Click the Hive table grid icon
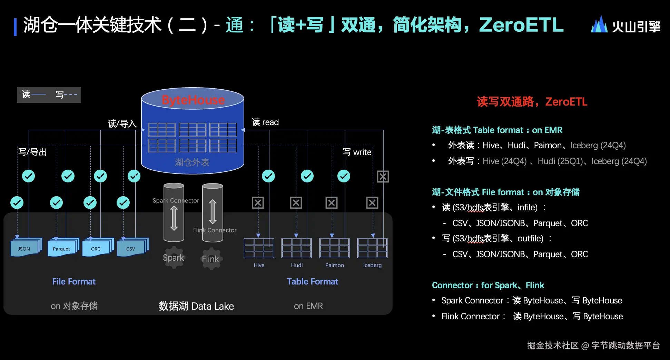(259, 248)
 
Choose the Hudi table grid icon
(296, 248)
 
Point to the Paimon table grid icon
(334, 248)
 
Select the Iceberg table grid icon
(372, 248)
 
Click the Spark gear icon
(174, 258)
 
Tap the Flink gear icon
(210, 259)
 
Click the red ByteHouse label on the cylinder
(193, 100)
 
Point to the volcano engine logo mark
(599, 25)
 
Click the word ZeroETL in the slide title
(521, 25)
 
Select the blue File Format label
(74, 281)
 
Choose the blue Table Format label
(312, 281)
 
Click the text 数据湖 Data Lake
(196, 306)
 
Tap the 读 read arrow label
(265, 122)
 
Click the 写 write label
(357, 152)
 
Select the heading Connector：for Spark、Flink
(488, 285)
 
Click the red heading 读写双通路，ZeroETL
(532, 102)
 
